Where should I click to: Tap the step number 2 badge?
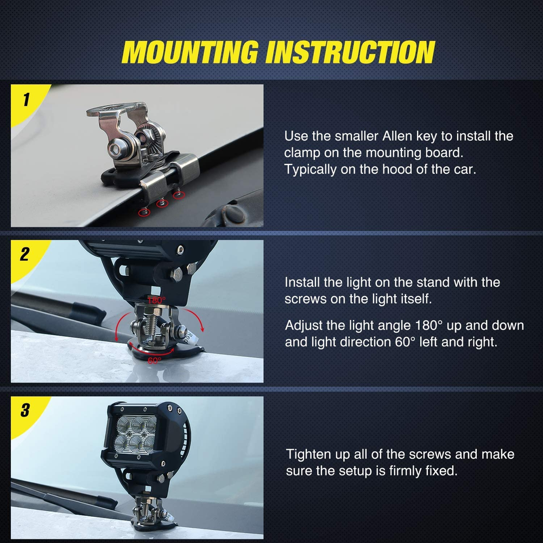click(24, 255)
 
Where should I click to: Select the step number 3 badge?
click(25, 410)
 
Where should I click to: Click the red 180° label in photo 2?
click(156, 300)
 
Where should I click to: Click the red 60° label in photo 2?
click(154, 360)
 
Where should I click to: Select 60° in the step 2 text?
click(406, 343)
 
